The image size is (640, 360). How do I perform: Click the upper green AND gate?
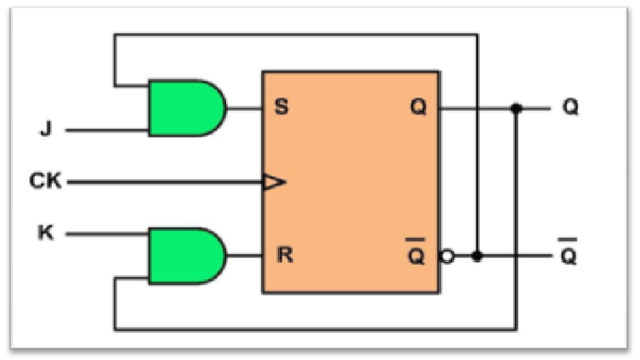point(185,107)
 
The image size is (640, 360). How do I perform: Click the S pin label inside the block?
point(282,107)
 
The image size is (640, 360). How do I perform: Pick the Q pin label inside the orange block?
point(418,107)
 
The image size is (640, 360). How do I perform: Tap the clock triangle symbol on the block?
point(274,182)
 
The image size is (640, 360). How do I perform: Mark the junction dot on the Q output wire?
point(516,107)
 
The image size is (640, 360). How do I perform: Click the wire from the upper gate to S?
point(244,107)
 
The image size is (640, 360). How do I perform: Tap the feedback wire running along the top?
point(297,34)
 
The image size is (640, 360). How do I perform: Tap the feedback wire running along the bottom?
point(313,327)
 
